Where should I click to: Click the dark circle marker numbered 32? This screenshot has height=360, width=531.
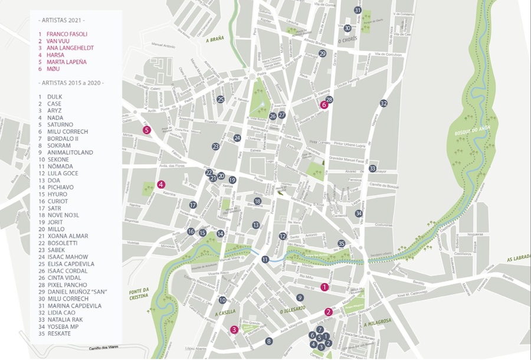point(383,103)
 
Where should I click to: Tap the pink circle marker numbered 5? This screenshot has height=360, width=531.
point(147,130)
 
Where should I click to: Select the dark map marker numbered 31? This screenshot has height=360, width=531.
point(358,10)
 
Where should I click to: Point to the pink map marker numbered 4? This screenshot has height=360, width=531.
point(161,184)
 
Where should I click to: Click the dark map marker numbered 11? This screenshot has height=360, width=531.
point(265,259)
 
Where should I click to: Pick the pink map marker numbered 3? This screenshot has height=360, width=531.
point(234,330)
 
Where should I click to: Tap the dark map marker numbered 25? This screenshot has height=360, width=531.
point(220,99)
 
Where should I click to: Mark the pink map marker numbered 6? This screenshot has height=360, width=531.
point(323,105)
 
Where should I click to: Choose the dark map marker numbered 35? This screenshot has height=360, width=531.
point(341,243)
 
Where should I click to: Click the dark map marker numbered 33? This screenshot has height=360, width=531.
point(372,168)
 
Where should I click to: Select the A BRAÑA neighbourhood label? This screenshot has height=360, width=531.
point(215,40)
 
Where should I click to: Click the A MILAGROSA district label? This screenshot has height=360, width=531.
point(378,322)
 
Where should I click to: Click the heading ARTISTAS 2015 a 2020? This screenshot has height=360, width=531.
point(71,83)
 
